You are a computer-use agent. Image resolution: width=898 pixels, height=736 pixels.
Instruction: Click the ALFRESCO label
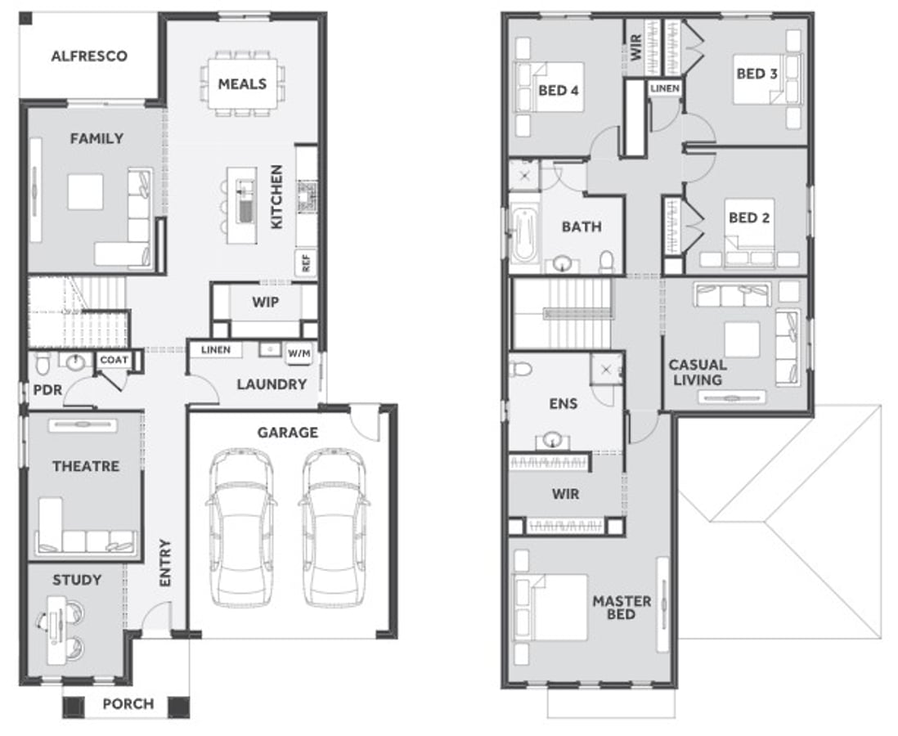[x=89, y=56]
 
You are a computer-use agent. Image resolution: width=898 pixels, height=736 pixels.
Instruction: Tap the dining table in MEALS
[x=242, y=83]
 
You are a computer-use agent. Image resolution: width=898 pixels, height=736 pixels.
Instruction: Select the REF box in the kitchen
[x=306, y=263]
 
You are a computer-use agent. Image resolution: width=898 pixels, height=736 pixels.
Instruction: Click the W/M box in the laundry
[x=299, y=353]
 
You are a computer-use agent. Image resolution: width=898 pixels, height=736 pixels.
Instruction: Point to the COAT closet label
[x=114, y=360]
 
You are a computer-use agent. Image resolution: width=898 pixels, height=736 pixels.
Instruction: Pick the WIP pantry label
[x=266, y=302]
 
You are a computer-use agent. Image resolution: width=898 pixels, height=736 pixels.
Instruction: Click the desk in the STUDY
[x=56, y=630]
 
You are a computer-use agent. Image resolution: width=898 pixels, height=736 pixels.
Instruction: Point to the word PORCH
[x=128, y=704]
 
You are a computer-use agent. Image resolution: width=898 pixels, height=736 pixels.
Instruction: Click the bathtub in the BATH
[x=524, y=234]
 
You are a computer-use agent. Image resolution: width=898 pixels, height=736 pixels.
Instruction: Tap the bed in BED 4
[x=550, y=87]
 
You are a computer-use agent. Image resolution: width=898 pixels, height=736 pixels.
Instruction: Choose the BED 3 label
[x=757, y=74]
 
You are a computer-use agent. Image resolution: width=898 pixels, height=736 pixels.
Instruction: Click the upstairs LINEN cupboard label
[x=665, y=88]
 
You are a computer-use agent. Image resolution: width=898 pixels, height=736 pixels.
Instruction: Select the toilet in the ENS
[x=520, y=368]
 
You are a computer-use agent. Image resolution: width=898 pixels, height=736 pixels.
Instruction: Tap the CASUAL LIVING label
[x=698, y=372]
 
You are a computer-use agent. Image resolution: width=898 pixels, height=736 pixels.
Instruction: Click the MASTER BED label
[x=622, y=608]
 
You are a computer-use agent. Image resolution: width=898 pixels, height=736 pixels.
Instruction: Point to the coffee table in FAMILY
[x=85, y=192]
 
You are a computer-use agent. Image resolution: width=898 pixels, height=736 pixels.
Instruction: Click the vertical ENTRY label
[x=165, y=563]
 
